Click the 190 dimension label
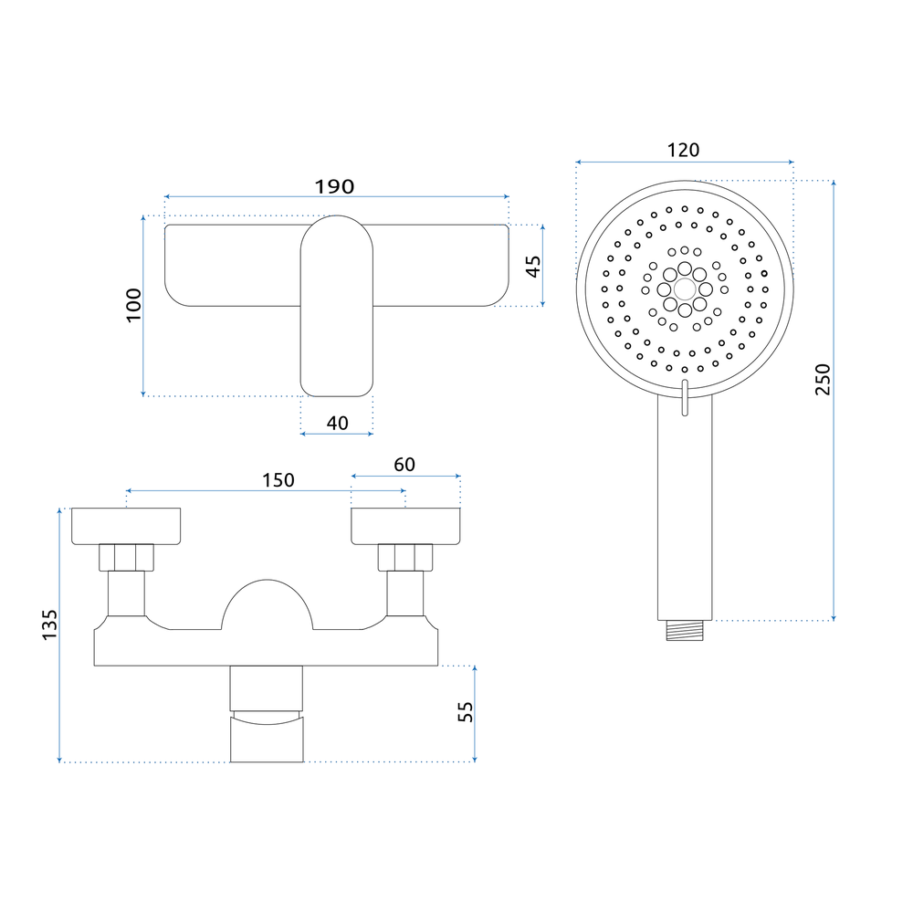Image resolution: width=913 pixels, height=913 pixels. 334,187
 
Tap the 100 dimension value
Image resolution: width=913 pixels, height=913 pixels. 134,305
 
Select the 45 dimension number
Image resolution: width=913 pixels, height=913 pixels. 533,266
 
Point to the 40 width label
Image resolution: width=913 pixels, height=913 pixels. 337,423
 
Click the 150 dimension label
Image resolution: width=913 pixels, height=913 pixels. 278,480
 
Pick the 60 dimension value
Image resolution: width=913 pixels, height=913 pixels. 404,465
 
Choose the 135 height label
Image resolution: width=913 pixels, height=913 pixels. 50,625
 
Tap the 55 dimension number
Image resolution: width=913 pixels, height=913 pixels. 466,711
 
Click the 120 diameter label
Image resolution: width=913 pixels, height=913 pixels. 683,151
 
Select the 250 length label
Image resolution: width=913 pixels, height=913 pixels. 823,380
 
